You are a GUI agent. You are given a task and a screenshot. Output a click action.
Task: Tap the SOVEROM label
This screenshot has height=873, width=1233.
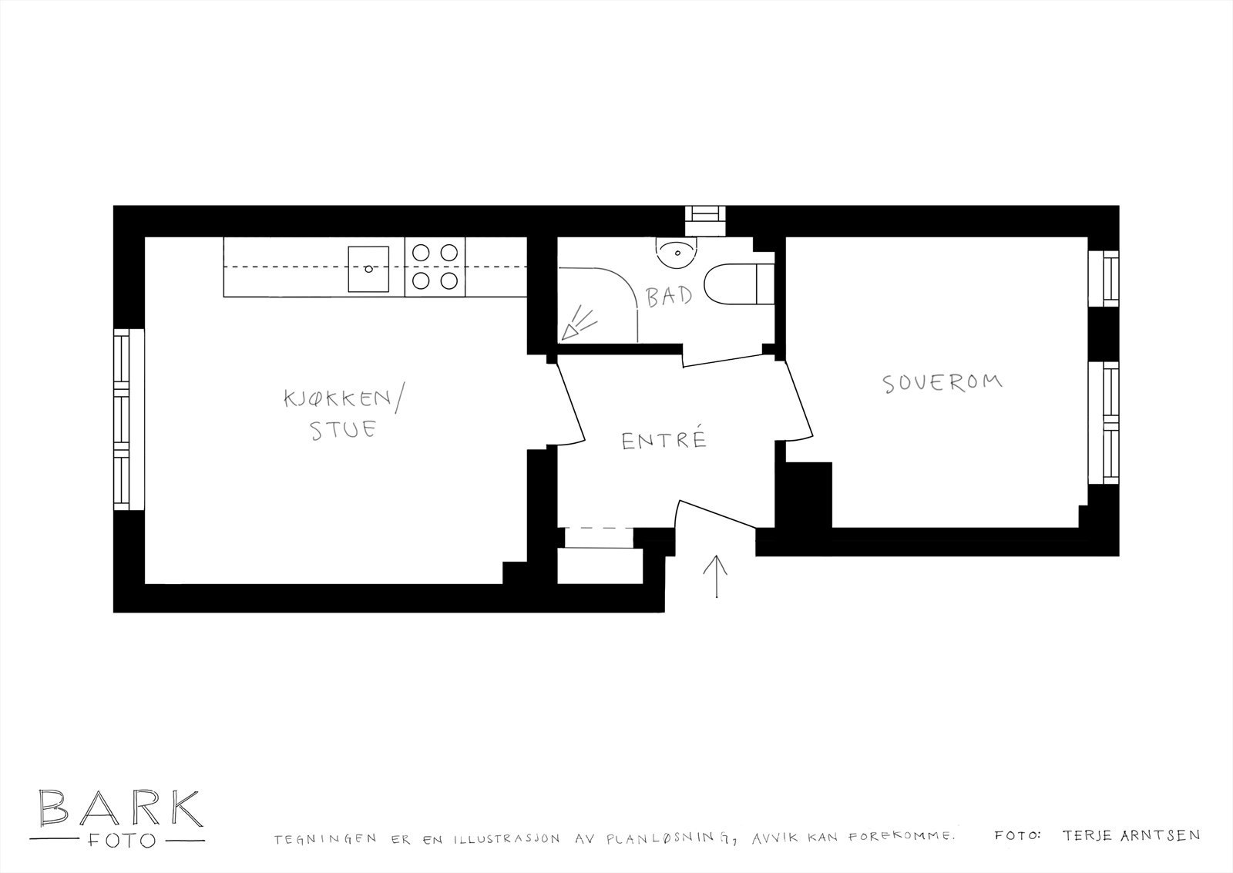(x=942, y=383)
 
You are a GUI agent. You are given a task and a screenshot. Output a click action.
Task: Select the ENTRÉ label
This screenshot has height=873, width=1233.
(x=664, y=440)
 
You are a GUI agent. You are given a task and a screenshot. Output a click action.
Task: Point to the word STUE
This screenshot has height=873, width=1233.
(x=342, y=429)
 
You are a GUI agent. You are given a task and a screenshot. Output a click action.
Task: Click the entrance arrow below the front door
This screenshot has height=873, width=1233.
(x=716, y=576)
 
